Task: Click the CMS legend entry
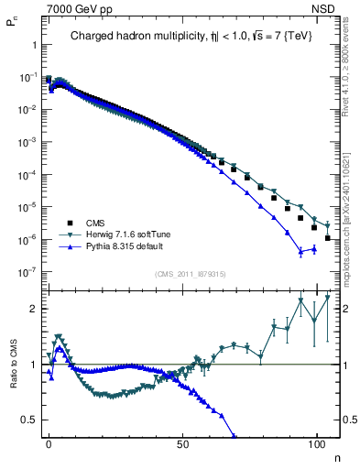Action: (95, 223)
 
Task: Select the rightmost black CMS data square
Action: (328, 238)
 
